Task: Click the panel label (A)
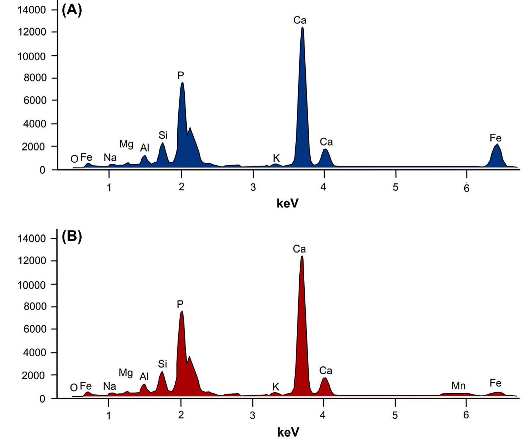tap(72, 10)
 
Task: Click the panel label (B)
tap(72, 237)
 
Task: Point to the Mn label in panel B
tap(458, 386)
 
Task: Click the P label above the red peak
tap(180, 305)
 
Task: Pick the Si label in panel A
tap(163, 135)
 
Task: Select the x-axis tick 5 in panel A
tap(395, 187)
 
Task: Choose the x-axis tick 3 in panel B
tap(252, 415)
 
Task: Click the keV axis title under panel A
tap(287, 203)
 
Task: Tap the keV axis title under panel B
tap(288, 432)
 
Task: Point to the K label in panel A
tap(276, 158)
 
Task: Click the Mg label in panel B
tap(126, 373)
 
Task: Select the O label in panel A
tap(74, 159)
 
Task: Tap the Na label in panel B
tap(110, 386)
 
